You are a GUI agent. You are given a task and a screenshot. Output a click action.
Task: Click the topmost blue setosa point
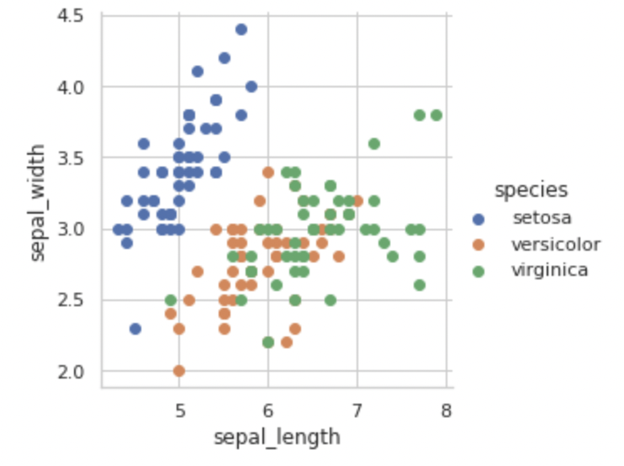[241, 29]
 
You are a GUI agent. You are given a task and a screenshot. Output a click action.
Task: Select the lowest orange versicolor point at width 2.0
[179, 370]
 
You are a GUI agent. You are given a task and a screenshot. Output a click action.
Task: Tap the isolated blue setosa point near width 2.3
[135, 328]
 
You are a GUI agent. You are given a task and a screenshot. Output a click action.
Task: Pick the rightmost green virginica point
[436, 115]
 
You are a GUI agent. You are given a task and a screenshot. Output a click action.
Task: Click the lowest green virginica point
[268, 342]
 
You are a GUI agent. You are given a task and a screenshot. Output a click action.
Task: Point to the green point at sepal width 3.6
[374, 144]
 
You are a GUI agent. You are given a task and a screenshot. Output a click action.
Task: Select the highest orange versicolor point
[268, 172]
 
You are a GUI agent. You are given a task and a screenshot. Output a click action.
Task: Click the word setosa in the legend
[542, 218]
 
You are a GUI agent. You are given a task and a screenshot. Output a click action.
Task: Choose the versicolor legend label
[556, 245]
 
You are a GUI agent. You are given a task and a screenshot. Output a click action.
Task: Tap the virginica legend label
[549, 270]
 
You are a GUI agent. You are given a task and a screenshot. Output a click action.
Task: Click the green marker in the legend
[479, 272]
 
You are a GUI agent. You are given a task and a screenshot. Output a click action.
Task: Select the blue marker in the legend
[479, 219]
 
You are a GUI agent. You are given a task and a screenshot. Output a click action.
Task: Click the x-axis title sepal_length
[277, 437]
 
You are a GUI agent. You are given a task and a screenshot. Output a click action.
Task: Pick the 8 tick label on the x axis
[446, 410]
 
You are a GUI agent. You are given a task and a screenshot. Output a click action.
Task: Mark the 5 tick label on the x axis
[179, 410]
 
